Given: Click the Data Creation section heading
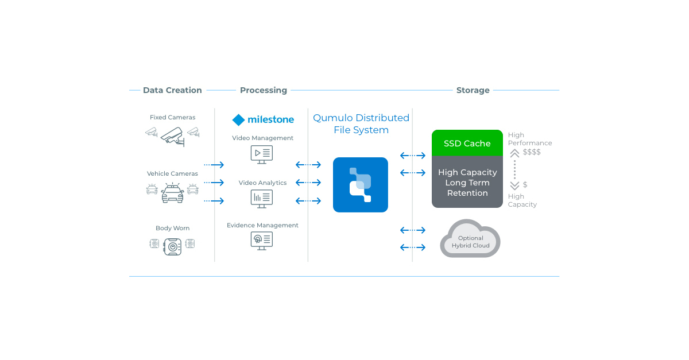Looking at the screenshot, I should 172,90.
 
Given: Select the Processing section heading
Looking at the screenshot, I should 263,90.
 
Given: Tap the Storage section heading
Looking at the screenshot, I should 473,90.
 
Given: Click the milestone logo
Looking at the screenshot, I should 263,119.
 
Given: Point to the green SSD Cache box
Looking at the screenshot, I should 467,144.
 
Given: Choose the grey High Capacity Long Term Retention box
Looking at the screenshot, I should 467,183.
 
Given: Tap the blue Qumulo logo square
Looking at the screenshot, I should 361,184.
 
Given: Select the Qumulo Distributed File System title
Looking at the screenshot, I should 361,124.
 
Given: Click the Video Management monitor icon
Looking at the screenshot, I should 262,154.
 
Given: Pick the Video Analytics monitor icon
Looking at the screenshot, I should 262,199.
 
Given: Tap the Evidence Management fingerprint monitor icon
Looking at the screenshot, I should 262,240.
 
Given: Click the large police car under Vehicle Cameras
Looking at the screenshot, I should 172,193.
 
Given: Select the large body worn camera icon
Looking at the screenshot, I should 172,246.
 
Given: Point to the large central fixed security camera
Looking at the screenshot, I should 172,136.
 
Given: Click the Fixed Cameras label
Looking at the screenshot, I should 172,117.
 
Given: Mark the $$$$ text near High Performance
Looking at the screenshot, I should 531,152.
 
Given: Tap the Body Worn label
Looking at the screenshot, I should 172,228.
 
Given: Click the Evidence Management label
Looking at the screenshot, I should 262,225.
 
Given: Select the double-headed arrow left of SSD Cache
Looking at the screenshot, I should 412,155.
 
